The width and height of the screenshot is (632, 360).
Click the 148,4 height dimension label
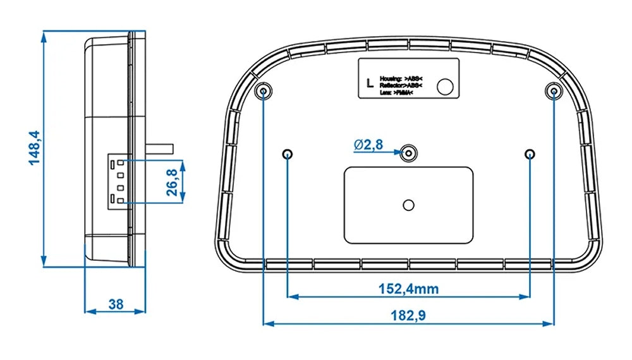tap(33, 148)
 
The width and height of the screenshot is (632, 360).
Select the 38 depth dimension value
tap(116, 304)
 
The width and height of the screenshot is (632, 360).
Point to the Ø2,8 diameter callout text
tap(368, 145)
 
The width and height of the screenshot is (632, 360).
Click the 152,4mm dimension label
tap(408, 289)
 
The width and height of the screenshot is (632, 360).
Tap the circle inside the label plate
tap(447, 87)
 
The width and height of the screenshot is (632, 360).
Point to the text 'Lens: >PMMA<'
tap(397, 93)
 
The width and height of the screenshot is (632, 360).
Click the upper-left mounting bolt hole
tap(263, 92)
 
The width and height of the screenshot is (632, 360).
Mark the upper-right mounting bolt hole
tap(554, 92)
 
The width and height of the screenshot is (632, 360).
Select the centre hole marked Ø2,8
tap(409, 152)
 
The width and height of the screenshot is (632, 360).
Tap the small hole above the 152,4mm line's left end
tap(288, 153)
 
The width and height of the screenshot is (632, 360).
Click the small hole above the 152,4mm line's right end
tap(530, 153)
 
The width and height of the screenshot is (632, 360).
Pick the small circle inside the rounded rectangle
tap(409, 204)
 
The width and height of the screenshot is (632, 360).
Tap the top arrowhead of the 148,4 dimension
tap(44, 35)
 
